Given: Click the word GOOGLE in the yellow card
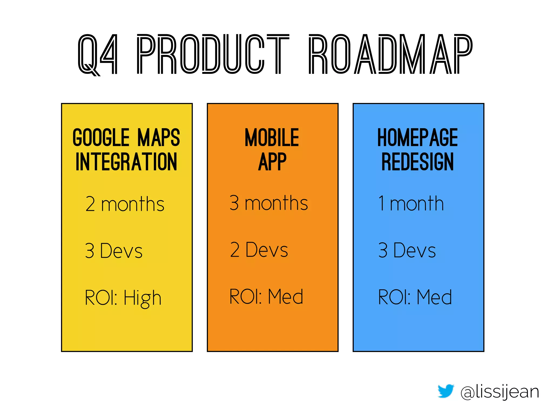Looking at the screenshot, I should click(x=101, y=138).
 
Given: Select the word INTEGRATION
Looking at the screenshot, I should click(x=126, y=162).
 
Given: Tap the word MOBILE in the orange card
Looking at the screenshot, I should click(x=272, y=138).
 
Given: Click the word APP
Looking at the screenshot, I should click(x=272, y=162).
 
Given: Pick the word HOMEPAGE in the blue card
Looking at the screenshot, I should click(x=417, y=138).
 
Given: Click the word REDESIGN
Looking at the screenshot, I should click(x=417, y=162).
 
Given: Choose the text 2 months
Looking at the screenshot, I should click(x=125, y=204).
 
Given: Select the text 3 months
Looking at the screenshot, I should click(x=269, y=203).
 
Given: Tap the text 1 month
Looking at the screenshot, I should click(x=411, y=203).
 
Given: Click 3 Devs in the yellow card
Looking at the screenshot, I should click(x=114, y=251).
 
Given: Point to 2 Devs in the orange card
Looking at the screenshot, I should click(x=259, y=250).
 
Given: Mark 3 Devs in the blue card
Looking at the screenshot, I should click(x=407, y=250).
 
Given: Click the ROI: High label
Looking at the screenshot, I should click(x=123, y=298).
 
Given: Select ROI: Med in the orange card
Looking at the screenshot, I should click(x=266, y=297).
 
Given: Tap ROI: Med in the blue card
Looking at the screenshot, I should click(x=415, y=297).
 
